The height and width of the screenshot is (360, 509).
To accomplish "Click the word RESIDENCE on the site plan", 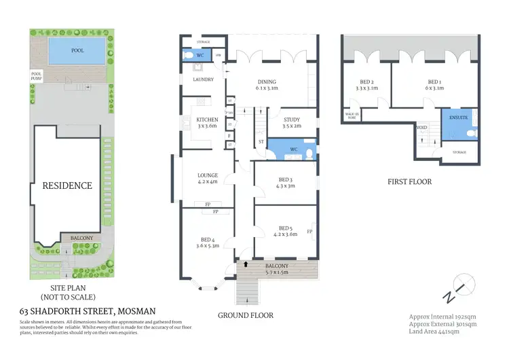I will pyautogui.click(x=67, y=185).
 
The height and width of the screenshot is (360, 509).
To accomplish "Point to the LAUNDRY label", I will pyautogui.click(x=203, y=79).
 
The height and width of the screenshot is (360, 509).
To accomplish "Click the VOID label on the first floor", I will pyautogui.click(x=421, y=127).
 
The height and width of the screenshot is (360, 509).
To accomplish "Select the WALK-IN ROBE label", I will pyautogui.click(x=352, y=116).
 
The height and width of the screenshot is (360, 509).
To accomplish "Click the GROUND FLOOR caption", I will pyautogui.click(x=245, y=315).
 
